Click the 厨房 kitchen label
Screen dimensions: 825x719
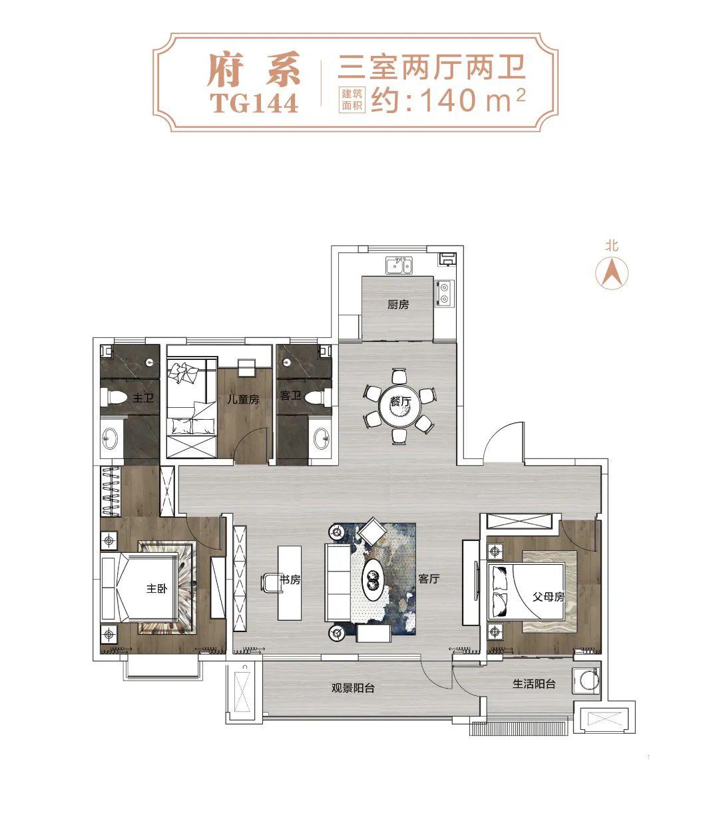tap(398, 305)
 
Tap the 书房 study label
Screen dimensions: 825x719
tap(290, 579)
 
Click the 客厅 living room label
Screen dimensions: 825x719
tap(429, 579)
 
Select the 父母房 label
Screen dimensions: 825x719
tap(549, 597)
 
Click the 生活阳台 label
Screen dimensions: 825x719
tap(533, 683)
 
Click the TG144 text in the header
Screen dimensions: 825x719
tap(254, 103)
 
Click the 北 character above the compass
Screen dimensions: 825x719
tap(611, 246)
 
